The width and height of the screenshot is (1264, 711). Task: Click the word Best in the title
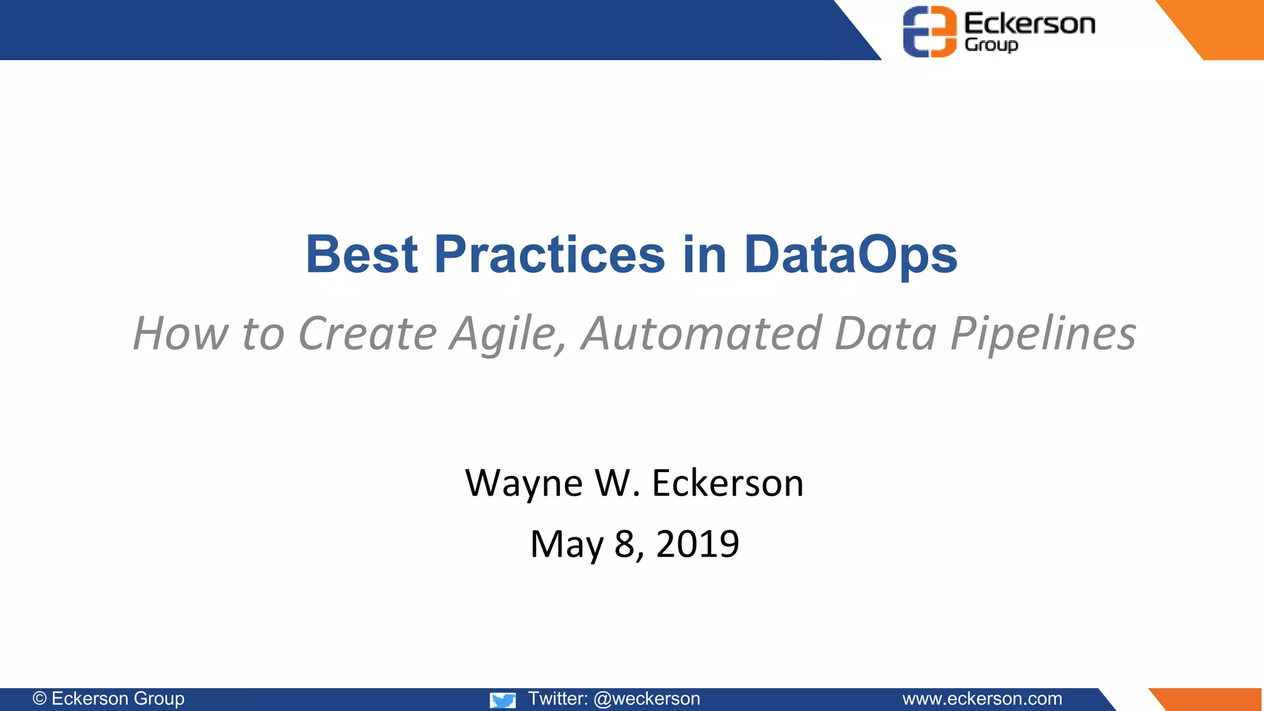[x=362, y=254]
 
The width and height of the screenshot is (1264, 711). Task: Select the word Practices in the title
[x=549, y=254]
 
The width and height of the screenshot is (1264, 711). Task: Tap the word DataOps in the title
[x=850, y=256]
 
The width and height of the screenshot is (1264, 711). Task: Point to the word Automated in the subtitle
[x=701, y=333]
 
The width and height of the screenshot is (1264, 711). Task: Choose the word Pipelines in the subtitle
[x=1043, y=334]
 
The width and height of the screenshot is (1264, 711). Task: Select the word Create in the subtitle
[x=367, y=333]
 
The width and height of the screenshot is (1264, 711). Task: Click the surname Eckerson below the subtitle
[x=728, y=483]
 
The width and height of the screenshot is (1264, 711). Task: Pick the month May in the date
[x=567, y=545]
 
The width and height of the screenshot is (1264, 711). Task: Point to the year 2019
[x=697, y=544]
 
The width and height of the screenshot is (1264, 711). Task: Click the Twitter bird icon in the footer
[x=502, y=700]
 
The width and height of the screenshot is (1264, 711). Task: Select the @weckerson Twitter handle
[x=646, y=699]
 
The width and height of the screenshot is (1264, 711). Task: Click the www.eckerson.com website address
[x=982, y=699]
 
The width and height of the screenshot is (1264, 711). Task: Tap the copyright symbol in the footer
[x=39, y=699]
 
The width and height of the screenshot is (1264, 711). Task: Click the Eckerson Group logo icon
[x=929, y=31]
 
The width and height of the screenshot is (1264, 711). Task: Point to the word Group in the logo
[x=991, y=45]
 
